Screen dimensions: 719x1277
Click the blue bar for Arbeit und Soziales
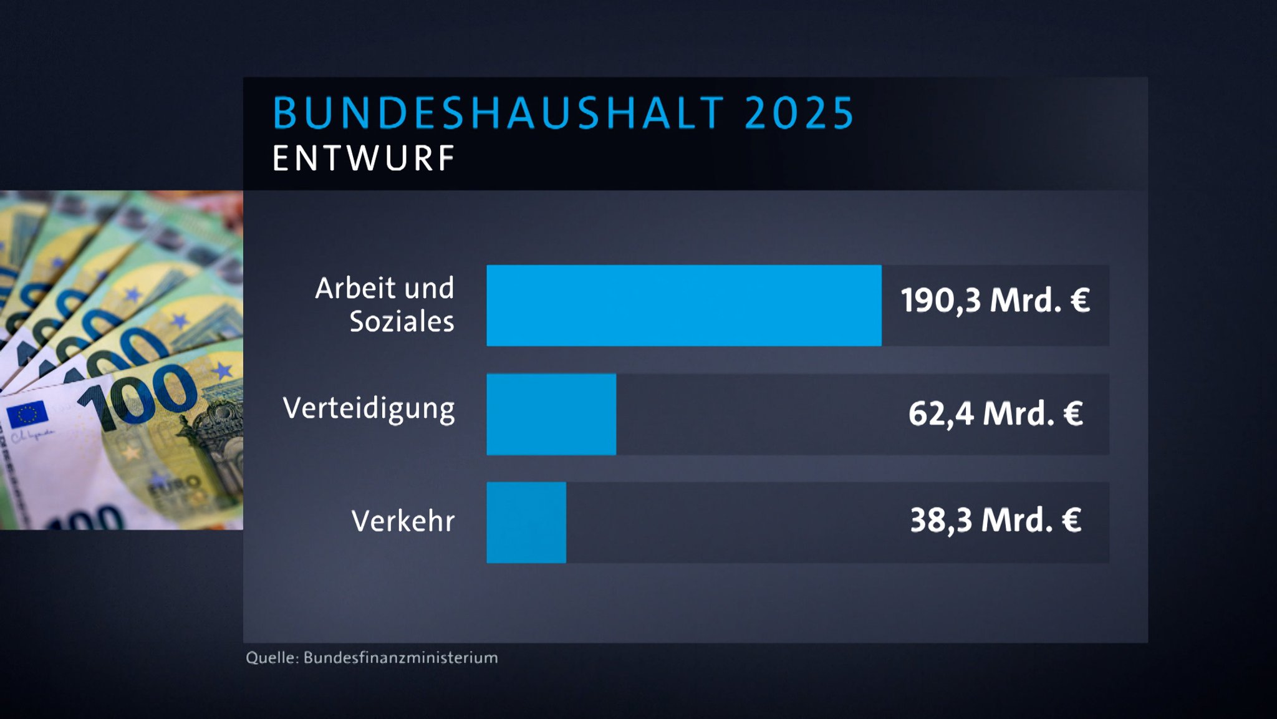coord(683,306)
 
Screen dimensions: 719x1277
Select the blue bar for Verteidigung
coord(551,414)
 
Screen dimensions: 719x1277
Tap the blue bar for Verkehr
coord(526,523)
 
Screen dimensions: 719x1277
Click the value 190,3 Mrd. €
coord(995,301)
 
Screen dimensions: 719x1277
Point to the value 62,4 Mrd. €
coord(995,413)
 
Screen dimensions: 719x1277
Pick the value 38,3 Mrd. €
coord(995,520)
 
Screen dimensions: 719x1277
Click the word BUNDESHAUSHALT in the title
coord(499,113)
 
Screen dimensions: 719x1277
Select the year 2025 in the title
coord(799,113)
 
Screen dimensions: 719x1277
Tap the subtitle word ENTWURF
coord(364,158)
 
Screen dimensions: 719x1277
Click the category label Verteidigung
coord(369,409)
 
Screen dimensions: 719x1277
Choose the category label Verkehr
coord(403,521)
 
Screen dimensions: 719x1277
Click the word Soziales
coord(402,322)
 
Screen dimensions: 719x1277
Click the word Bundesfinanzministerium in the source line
coord(400,658)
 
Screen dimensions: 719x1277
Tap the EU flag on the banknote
coord(27,414)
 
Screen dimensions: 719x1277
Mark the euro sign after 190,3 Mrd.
coord(1080,301)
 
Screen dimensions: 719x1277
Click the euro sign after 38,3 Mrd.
coord(1072,520)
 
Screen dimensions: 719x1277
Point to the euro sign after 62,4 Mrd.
coord(1073,413)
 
